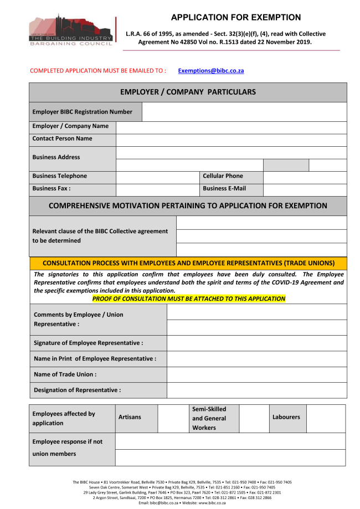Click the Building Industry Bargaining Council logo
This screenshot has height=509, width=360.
tap(73, 32)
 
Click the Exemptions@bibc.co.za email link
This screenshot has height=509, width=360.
tap(211, 71)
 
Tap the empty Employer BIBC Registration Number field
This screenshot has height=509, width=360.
tap(244, 112)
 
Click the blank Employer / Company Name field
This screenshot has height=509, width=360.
tap(231, 127)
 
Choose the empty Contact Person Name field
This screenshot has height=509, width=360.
tap(231, 140)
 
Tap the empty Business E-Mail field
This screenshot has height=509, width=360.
tap(305, 189)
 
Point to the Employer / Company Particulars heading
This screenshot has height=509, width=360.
tap(188, 92)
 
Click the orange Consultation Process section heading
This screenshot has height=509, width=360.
tap(188, 263)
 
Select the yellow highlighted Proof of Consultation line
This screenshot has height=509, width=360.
tap(188, 299)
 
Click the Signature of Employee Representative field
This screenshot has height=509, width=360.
tap(256, 343)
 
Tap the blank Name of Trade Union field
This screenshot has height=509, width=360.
tap(256, 375)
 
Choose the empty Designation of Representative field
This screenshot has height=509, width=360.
tap(256, 390)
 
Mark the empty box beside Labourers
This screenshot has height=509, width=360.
tap(326, 418)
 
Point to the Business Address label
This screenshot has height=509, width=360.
tap(56, 157)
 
